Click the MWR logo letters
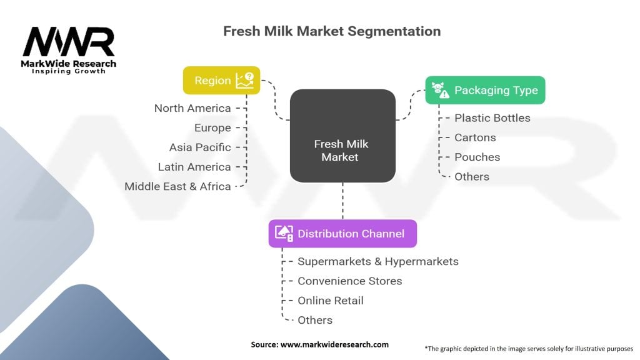click(x=69, y=42)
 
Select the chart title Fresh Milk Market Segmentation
click(x=332, y=31)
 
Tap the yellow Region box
click(x=222, y=81)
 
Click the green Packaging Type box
click(x=485, y=90)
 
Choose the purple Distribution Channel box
click(x=343, y=234)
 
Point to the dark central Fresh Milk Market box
click(x=343, y=136)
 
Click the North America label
click(x=192, y=108)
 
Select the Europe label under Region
click(x=212, y=127)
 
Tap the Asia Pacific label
click(x=200, y=147)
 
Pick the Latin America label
click(x=194, y=167)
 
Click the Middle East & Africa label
click(x=177, y=186)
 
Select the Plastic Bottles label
click(x=492, y=118)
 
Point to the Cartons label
click(x=476, y=137)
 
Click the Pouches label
click(x=477, y=157)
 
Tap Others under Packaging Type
click(x=472, y=177)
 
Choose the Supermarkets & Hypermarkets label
click(x=378, y=262)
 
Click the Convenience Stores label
click(x=350, y=281)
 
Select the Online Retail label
click(x=331, y=301)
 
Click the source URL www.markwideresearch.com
click(x=335, y=344)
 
